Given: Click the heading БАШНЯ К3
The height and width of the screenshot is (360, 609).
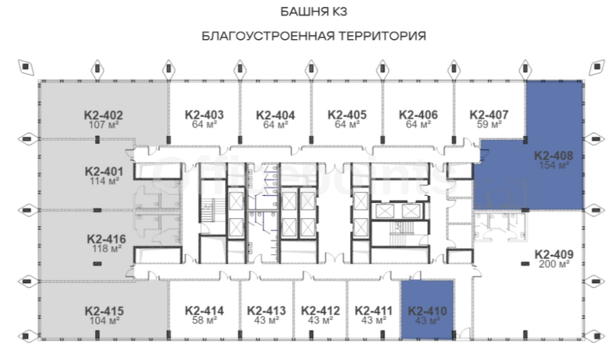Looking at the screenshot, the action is pos(314,12).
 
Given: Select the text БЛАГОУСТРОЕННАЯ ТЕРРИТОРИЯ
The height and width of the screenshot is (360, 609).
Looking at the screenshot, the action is pos(314,36).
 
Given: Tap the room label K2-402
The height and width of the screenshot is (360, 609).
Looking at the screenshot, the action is pos(103,115).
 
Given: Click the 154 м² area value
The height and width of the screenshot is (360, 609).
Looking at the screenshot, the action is pos(554,165).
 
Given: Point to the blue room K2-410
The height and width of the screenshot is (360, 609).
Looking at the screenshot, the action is pos(427,309).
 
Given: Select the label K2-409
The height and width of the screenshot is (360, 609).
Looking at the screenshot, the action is pos(554,255).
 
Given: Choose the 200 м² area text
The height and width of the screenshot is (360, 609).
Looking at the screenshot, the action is pos(554,264).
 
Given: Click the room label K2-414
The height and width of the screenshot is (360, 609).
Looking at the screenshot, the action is pos(204,311).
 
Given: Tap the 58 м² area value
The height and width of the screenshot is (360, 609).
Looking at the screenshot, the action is pos(204,320).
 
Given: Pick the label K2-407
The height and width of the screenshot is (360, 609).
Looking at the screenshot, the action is pos(489,115).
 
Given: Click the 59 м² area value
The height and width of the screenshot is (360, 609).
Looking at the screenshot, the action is pos(489,124).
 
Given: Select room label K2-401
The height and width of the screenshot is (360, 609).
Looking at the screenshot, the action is pos(103,171).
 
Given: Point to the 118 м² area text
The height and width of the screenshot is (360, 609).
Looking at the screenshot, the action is pos(107,249).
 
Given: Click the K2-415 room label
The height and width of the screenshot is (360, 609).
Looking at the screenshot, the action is pos(104,311).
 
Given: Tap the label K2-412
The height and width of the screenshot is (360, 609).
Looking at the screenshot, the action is pos(320,311).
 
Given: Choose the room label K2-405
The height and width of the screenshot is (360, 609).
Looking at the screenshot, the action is pos(347,115).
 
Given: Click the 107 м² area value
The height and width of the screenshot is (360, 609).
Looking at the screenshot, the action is pos(103,125).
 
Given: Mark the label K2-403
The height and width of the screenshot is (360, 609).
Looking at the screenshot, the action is pos(204,115).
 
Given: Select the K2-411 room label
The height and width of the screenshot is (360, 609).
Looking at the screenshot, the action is pos(373,311).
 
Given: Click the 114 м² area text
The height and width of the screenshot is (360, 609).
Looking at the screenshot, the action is pos(103,181).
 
